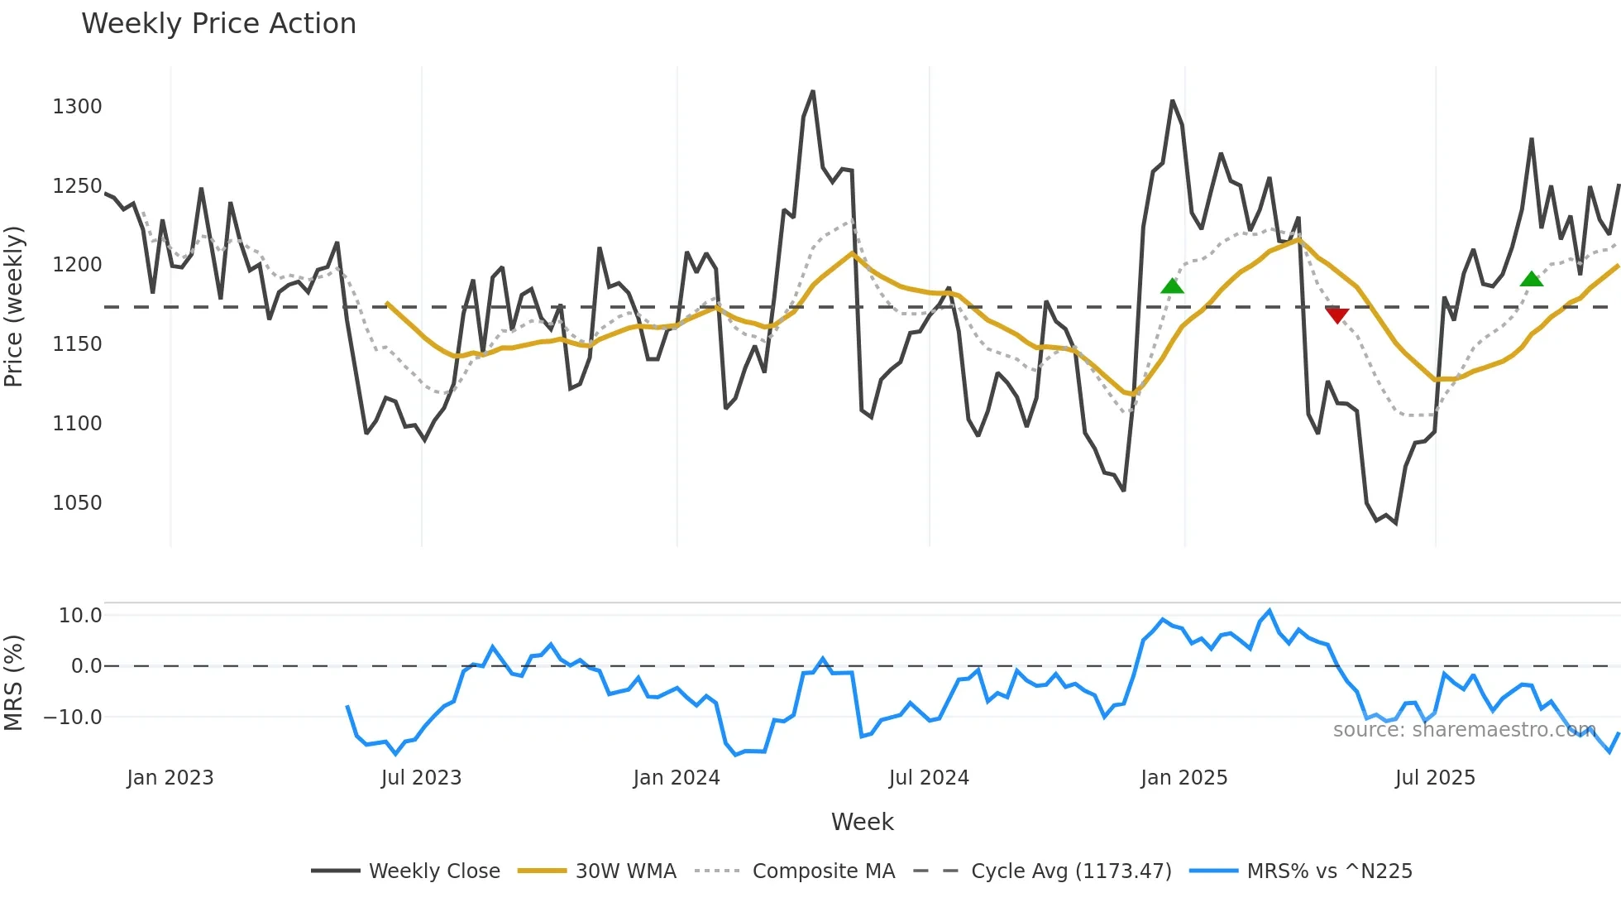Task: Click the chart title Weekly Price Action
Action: tap(218, 24)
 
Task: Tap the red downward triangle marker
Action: tap(1336, 315)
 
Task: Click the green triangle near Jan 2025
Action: tap(1172, 286)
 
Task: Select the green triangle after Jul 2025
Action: tap(1531, 279)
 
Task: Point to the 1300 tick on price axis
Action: tap(77, 107)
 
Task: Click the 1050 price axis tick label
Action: tap(77, 503)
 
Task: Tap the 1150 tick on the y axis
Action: tap(77, 344)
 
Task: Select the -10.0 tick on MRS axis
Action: tap(73, 718)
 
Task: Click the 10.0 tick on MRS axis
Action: tap(79, 616)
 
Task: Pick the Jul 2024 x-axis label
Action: tap(929, 778)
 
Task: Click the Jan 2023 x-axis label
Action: tap(170, 778)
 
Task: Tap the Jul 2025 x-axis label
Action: tap(1435, 778)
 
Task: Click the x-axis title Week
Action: tap(862, 822)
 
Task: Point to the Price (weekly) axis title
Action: tap(14, 306)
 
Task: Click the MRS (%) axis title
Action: tap(14, 683)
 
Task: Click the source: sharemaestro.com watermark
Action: tap(1464, 730)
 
